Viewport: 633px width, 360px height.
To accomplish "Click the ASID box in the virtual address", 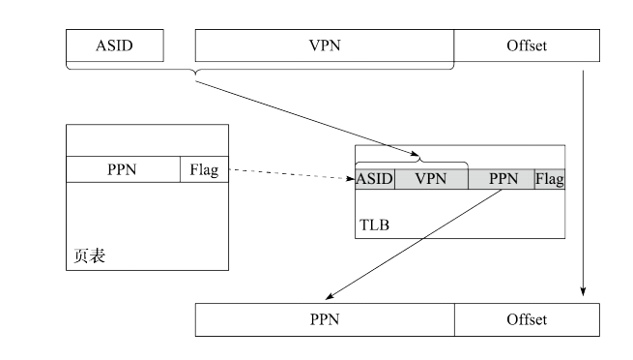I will click(x=114, y=45).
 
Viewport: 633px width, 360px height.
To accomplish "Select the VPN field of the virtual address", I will click(x=324, y=45).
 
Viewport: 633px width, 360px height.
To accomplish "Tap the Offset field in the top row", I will click(x=526, y=45).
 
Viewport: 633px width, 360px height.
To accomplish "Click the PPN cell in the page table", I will click(x=122, y=170).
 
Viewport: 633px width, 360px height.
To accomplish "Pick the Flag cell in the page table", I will click(x=203, y=170).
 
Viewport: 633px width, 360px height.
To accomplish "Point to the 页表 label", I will click(x=90, y=256).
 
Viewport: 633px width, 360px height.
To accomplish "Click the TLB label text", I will click(x=375, y=225).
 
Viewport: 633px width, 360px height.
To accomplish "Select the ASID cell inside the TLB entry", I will click(x=374, y=179).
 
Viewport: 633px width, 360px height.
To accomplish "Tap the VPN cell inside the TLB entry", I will click(x=431, y=179).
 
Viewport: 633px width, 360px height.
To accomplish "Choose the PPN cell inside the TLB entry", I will click(x=502, y=179).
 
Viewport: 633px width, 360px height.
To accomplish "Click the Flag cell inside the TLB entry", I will click(x=549, y=179).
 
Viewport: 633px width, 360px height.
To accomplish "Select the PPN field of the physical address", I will click(x=324, y=319).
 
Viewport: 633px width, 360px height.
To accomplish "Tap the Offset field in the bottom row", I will click(x=526, y=319).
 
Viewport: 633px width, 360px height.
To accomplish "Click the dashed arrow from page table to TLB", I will click(x=290, y=175).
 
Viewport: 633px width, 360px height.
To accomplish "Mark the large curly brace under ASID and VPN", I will click(x=259, y=70).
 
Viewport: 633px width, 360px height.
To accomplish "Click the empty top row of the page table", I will click(x=147, y=140).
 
